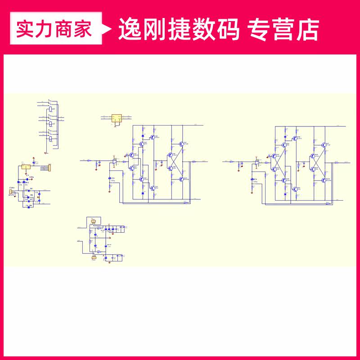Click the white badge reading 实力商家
(x=54, y=29)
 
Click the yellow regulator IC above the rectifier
(x=26, y=167)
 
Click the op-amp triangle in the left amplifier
(x=115, y=160)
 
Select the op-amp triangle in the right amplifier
(x=257, y=161)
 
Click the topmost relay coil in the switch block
(x=52, y=108)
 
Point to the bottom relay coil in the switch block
(x=51, y=139)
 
